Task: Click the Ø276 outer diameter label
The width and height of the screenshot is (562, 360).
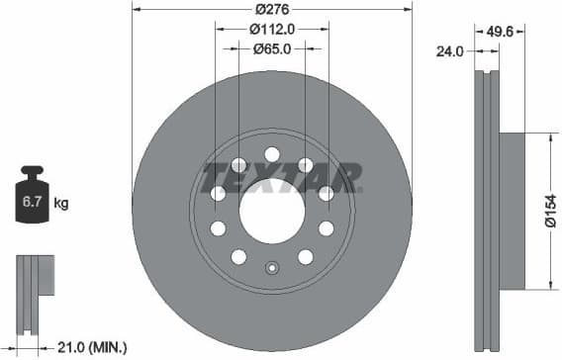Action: pos(271,9)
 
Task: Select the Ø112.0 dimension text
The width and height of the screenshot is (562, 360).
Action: pos(271,29)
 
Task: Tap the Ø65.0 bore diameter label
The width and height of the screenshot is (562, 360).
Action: pos(271,48)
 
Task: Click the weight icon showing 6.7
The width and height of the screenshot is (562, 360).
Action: pos(33,203)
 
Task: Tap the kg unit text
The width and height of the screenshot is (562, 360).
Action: pos(61,205)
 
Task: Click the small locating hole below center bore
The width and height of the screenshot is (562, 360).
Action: pos(272,267)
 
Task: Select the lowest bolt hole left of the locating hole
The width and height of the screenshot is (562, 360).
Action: pos(238,257)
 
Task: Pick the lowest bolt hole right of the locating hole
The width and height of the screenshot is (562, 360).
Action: pos(305,257)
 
